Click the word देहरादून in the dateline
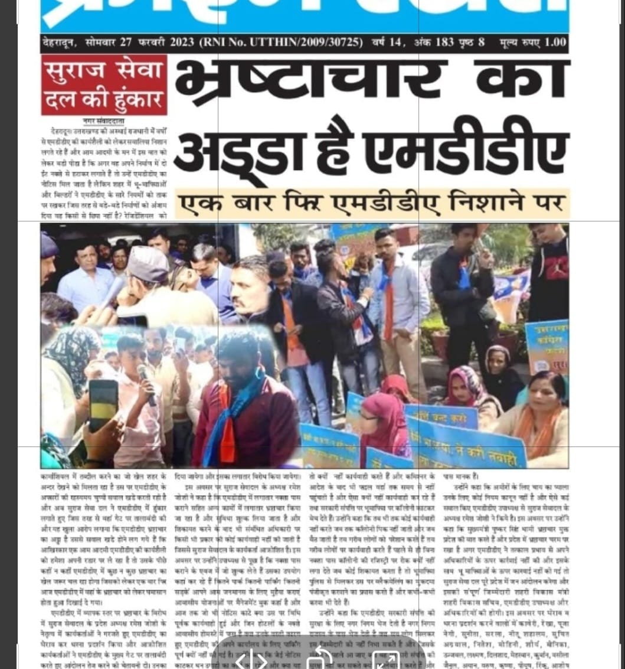[60, 43]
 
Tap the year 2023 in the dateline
[183, 43]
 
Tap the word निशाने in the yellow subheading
[476, 203]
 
